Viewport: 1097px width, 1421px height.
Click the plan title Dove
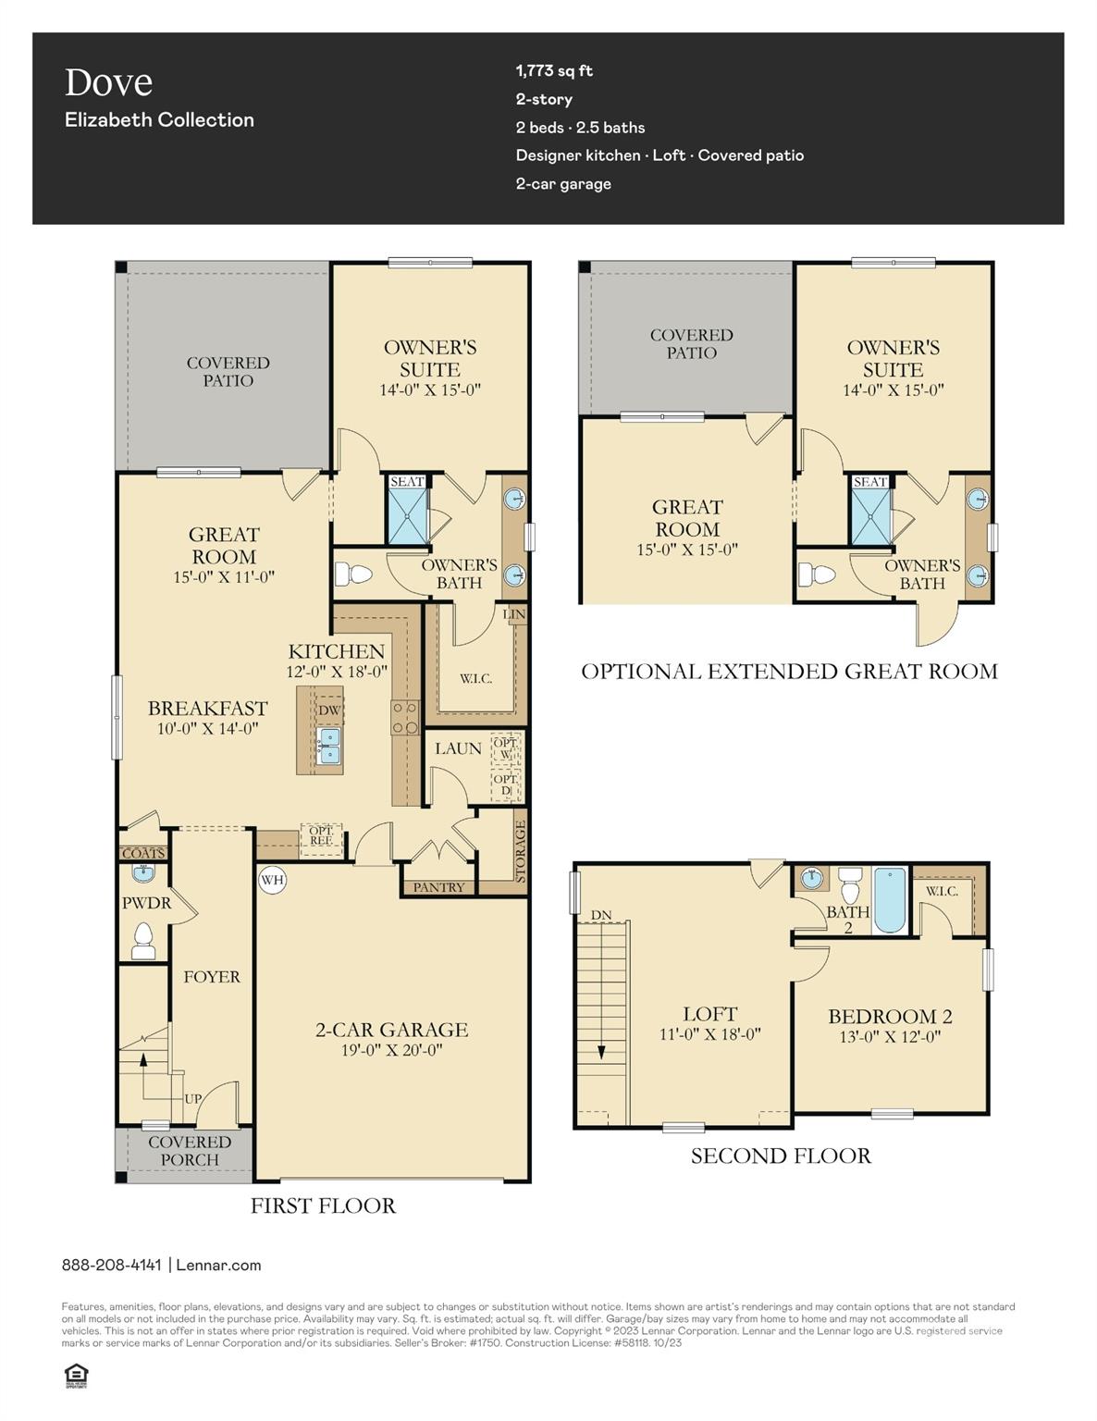pos(108,82)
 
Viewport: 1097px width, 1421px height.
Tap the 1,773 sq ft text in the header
pos(554,70)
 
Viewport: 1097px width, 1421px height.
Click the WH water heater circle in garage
pos(272,880)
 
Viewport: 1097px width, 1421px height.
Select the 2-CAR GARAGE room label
pos(391,1030)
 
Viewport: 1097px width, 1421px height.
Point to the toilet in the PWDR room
pos(143,940)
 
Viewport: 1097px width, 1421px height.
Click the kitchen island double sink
pos(327,746)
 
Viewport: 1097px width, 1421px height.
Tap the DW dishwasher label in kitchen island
pos(329,710)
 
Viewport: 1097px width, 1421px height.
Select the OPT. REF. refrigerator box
pos(321,837)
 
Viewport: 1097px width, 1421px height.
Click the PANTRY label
pos(438,887)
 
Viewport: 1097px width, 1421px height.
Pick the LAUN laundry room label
pos(458,748)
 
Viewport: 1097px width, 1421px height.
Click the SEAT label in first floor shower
pos(406,482)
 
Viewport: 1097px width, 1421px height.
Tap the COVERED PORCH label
pos(190,1151)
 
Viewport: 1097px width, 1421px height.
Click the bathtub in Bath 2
pos(890,900)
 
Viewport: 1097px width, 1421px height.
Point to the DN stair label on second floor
pos(601,915)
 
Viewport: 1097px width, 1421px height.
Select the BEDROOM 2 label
pos(890,1016)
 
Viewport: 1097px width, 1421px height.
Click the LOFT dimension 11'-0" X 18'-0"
pos(709,1034)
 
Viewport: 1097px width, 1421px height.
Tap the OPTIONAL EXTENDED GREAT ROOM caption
pos(789,672)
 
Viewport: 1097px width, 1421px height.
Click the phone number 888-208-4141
pos(111,1265)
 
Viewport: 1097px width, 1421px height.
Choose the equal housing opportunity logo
pos(75,1376)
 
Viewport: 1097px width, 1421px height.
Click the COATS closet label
pos(143,853)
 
